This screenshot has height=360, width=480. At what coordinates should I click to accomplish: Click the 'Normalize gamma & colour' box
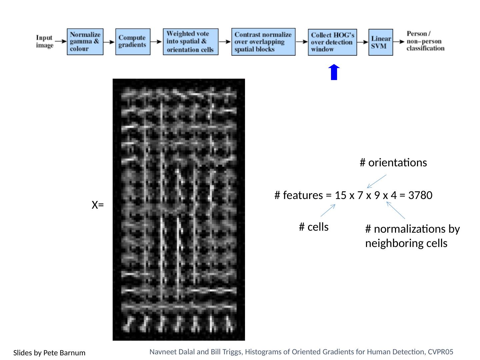tap(85, 42)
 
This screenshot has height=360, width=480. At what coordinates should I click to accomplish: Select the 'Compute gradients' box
tap(133, 42)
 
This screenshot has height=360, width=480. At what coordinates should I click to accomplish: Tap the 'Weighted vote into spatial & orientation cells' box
tap(191, 42)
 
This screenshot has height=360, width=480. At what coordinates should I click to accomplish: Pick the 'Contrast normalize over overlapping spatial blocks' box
tap(263, 42)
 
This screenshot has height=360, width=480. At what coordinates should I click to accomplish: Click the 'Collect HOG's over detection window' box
tap(332, 42)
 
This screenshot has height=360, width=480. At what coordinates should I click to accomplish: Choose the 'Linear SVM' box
tap(381, 42)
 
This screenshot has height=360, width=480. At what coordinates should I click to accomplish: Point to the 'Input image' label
tap(45, 42)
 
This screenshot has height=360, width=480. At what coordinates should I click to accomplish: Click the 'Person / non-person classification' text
tap(425, 41)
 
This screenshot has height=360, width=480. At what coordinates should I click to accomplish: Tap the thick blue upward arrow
tap(334, 72)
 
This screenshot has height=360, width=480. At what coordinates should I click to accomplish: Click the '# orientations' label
tap(393, 163)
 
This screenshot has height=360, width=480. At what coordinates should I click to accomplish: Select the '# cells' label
tap(314, 227)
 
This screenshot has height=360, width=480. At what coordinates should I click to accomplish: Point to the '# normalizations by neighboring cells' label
tap(412, 236)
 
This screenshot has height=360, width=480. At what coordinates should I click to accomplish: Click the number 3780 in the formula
tap(420, 195)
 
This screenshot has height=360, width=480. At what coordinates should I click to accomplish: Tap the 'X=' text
tap(98, 205)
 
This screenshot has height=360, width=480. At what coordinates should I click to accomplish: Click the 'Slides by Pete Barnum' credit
tap(49, 353)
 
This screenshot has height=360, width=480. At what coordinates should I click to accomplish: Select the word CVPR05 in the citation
tap(440, 352)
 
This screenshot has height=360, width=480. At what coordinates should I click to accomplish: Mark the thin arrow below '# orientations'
tap(377, 181)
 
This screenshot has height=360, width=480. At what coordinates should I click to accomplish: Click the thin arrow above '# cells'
tap(328, 211)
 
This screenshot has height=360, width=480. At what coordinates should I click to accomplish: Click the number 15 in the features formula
tap(340, 195)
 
